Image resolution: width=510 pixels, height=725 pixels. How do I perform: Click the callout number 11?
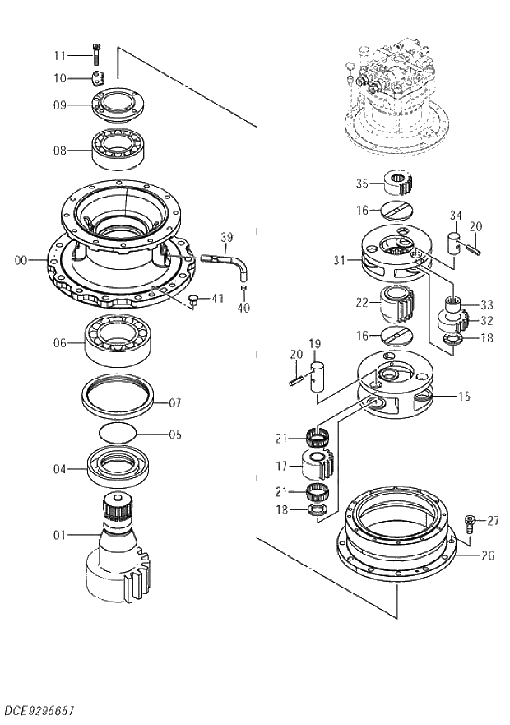(58, 55)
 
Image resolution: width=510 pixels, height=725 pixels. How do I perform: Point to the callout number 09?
(59, 105)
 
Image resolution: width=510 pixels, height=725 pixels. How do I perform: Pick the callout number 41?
(216, 298)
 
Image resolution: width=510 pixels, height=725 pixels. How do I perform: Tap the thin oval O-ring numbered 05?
(118, 433)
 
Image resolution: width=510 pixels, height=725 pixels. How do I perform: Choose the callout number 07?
(174, 403)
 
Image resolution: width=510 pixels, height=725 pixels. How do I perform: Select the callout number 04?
(59, 470)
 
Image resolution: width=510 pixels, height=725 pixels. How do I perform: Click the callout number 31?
(340, 260)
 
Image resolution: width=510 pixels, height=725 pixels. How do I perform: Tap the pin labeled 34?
(453, 244)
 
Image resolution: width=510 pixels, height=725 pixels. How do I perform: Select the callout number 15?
(464, 397)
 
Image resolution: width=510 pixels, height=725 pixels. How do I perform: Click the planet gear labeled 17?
(318, 466)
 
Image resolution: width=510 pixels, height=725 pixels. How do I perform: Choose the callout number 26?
(488, 555)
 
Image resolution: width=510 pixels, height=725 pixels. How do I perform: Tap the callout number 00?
(21, 260)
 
